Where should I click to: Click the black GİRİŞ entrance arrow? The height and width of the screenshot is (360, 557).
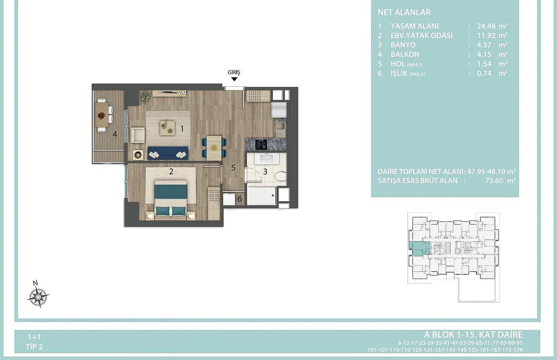click(x=234, y=79)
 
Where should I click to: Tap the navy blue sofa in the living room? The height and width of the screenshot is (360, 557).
click(x=168, y=153)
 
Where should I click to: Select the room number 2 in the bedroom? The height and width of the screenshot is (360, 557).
click(x=171, y=172)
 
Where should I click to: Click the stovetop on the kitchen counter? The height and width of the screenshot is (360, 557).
click(x=261, y=144)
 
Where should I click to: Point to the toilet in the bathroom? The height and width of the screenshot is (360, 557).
click(x=281, y=176)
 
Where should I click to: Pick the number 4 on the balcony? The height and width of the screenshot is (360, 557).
click(x=115, y=134)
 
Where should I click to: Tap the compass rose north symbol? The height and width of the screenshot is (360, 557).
click(x=38, y=296)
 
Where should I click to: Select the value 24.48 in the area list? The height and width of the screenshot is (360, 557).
click(x=486, y=26)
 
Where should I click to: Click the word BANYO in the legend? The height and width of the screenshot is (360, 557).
click(x=403, y=45)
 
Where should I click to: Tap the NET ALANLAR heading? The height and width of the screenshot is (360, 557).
click(x=404, y=13)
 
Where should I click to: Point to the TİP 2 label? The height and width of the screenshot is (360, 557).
click(x=34, y=347)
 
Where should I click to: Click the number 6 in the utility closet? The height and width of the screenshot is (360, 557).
click(x=240, y=199)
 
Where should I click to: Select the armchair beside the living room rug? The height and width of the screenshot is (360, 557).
click(x=137, y=135)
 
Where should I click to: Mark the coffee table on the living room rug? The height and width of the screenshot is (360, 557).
click(x=167, y=128)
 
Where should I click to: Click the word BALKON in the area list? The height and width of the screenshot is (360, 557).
click(x=405, y=54)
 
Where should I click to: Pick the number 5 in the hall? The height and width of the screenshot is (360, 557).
click(x=233, y=167)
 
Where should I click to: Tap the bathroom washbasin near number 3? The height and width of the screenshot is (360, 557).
click(x=266, y=158)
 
